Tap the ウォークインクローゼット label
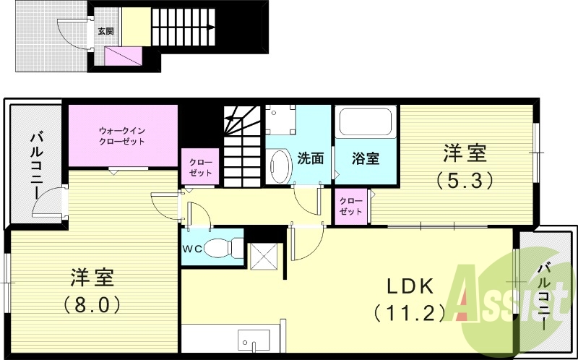pyautogui.click(x=122, y=135)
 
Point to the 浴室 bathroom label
pyautogui.click(x=365, y=158)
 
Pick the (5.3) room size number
pyautogui.click(x=465, y=179)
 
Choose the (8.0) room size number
pyautogui.click(x=91, y=304)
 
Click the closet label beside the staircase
pyautogui.click(x=200, y=167)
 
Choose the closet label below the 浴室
pyautogui.click(x=350, y=205)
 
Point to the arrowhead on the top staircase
pyautogui.click(x=210, y=27)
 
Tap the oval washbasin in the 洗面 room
pyautogui.click(x=277, y=167)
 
